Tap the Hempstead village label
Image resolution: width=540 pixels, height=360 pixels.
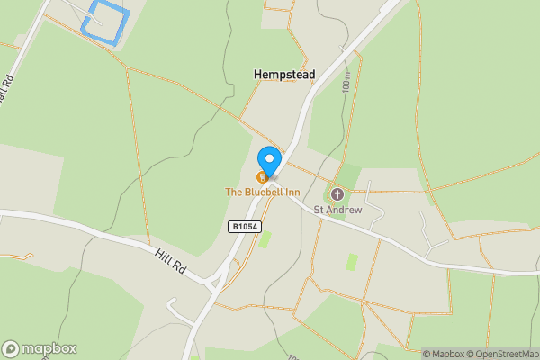[284, 75]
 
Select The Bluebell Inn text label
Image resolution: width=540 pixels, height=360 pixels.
[263, 192]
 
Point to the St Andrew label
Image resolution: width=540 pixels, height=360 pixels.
[337, 210]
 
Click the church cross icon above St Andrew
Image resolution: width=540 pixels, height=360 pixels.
[337, 194]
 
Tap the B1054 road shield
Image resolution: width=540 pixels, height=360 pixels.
[244, 227]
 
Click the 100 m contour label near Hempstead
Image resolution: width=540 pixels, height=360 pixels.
[346, 83]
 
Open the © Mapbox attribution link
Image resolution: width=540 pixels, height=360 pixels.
[443, 354]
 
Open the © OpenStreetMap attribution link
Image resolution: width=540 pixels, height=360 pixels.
[502, 354]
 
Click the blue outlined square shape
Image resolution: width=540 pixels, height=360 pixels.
[105, 21]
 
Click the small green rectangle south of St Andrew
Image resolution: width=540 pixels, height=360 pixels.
[352, 261]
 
